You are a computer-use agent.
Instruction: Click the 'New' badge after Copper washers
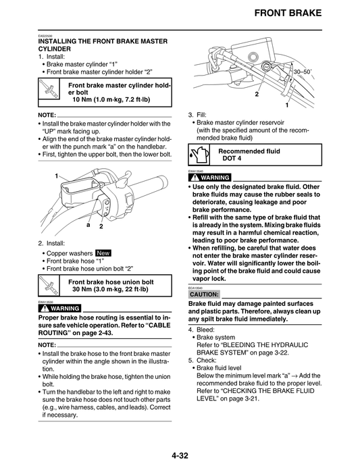[103, 253]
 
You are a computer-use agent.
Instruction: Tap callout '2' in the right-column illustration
[257, 95]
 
